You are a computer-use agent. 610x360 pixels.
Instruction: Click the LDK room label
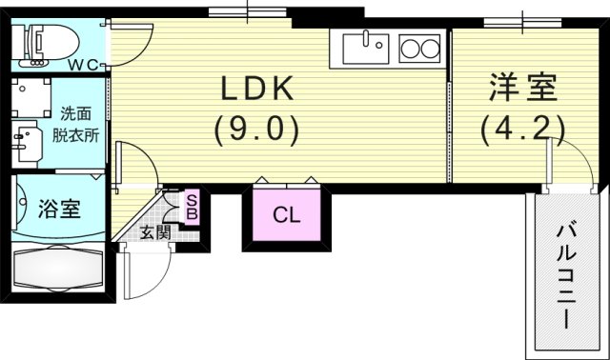[x=257, y=89]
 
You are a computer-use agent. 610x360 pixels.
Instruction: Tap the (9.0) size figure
[x=257, y=129]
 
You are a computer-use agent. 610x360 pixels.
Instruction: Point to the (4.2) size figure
[x=522, y=130]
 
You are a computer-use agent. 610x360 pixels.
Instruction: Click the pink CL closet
[x=287, y=214]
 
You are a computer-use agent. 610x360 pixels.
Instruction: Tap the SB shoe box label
[x=192, y=207]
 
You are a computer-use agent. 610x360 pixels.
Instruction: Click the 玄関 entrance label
[x=155, y=232]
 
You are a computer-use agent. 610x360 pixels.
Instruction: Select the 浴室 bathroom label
[x=59, y=209]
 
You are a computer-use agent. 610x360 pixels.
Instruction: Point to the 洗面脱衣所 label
[x=75, y=125]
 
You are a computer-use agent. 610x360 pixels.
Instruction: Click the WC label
[x=83, y=66]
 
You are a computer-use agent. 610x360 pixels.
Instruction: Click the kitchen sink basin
[x=366, y=49]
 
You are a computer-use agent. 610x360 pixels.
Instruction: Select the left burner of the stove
[x=410, y=50]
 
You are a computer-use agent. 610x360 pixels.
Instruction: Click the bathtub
[x=58, y=269]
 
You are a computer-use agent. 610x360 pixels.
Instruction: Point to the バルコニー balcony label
[x=566, y=276]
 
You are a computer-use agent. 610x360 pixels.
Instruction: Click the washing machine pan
[x=31, y=98]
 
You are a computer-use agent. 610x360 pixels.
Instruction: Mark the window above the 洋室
[x=523, y=23]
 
